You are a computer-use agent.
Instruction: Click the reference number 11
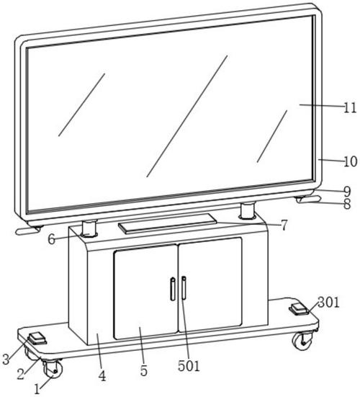350,108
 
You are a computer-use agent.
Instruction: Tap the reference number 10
350,161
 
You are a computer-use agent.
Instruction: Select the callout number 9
347,191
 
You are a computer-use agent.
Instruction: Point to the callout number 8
347,204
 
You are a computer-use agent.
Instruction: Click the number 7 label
284,225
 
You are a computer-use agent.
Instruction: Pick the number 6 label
52,239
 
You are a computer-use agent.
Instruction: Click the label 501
189,366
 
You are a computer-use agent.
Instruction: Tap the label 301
328,303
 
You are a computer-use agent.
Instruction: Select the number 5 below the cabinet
144,371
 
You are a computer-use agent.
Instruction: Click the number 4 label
102,376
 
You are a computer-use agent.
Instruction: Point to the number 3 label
6,359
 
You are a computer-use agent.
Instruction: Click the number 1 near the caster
37,389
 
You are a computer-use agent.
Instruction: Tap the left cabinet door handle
173,289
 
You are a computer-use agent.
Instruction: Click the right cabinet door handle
184,288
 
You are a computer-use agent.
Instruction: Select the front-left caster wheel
53,370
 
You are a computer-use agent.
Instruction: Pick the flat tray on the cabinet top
168,223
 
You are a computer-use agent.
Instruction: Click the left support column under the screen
89,228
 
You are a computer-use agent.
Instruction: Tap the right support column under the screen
248,210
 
